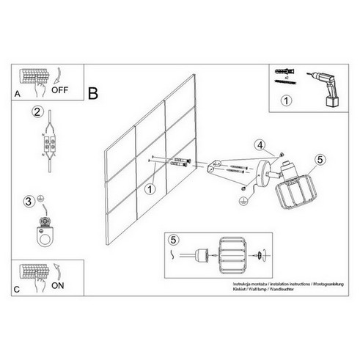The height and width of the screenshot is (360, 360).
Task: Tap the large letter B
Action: click(93, 94)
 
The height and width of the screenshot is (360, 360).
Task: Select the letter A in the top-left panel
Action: click(17, 94)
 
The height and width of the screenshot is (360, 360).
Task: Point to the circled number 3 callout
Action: click(29, 200)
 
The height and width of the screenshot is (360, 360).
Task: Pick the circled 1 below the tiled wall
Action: click(150, 190)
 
